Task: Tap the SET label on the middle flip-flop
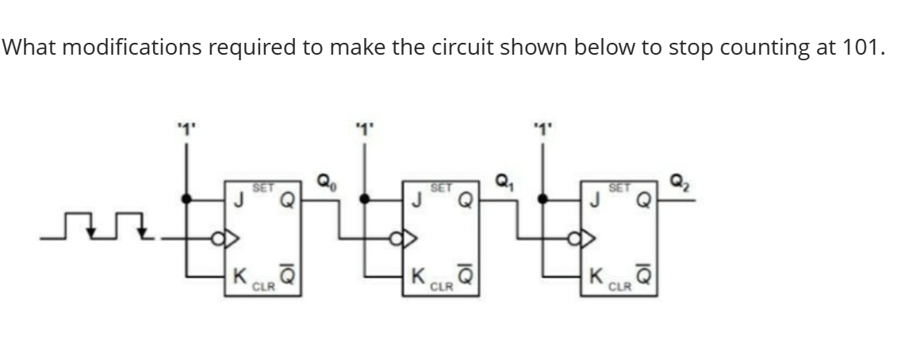tap(441, 188)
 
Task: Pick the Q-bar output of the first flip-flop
tap(291, 276)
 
